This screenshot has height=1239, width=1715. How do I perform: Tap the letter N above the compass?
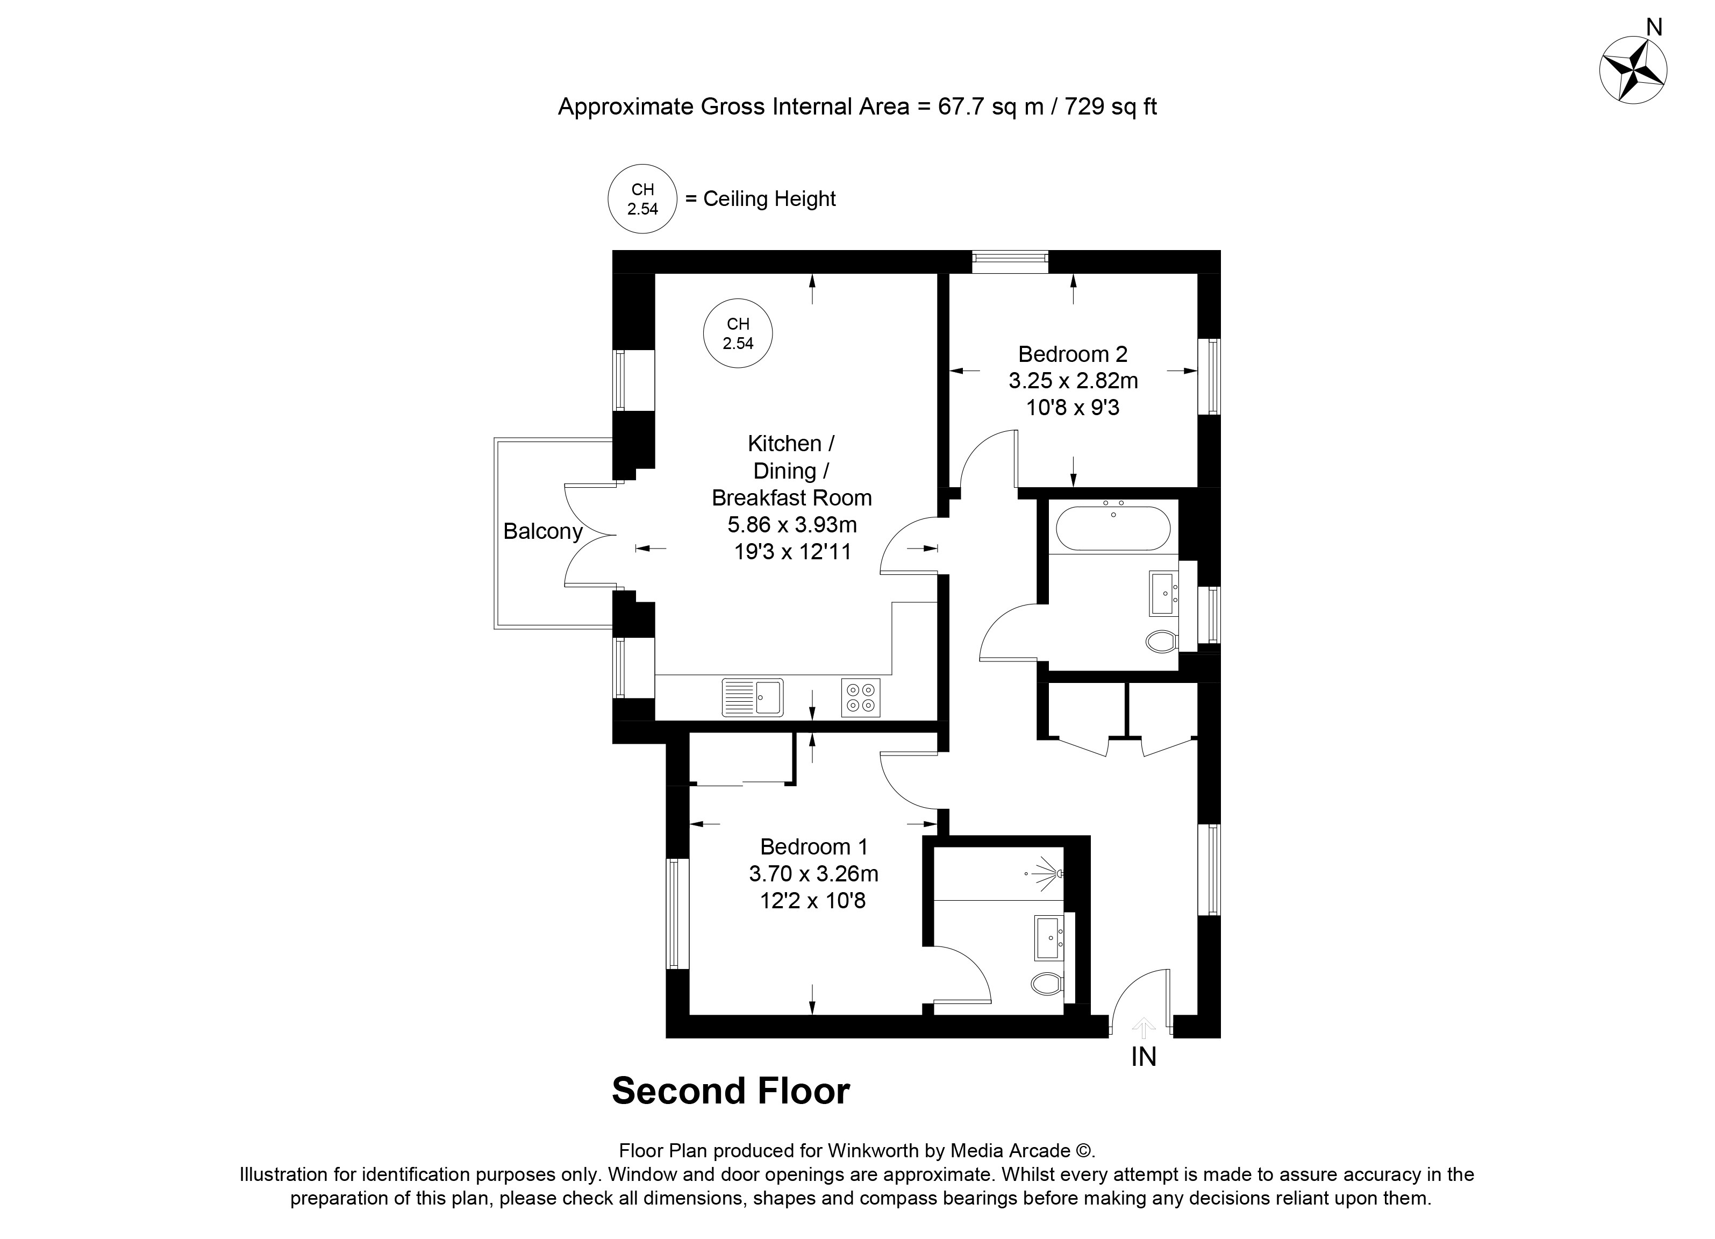coord(1654,28)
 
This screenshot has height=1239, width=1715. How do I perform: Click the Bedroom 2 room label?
coord(1072,354)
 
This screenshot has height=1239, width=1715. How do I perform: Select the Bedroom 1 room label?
coord(813,846)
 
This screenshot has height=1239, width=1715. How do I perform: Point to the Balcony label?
coord(543,531)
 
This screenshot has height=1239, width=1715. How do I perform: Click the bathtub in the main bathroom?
coord(1112,528)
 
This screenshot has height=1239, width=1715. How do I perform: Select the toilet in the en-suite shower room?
coord(1047,984)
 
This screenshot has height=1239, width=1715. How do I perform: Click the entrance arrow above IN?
coord(1144,1027)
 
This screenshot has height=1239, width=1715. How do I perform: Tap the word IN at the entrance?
coord(1144,1057)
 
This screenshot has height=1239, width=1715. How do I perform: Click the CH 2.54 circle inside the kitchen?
coord(738,333)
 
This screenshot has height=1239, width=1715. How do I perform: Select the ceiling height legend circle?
coord(642,199)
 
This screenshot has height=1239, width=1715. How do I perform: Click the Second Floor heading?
coord(731,1091)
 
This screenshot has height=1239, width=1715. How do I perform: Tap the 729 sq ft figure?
coord(1111,106)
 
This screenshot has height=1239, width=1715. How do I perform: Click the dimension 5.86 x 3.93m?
coord(792,524)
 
